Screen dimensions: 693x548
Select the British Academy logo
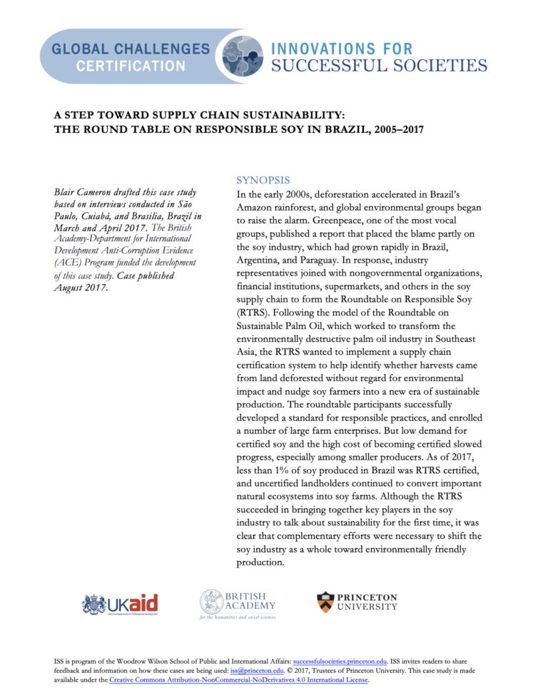tap(238, 604)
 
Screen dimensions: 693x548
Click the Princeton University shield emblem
tap(325, 601)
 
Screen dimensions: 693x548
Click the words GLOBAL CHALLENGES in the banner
tap(130, 49)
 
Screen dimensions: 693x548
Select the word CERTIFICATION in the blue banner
tap(130, 67)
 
